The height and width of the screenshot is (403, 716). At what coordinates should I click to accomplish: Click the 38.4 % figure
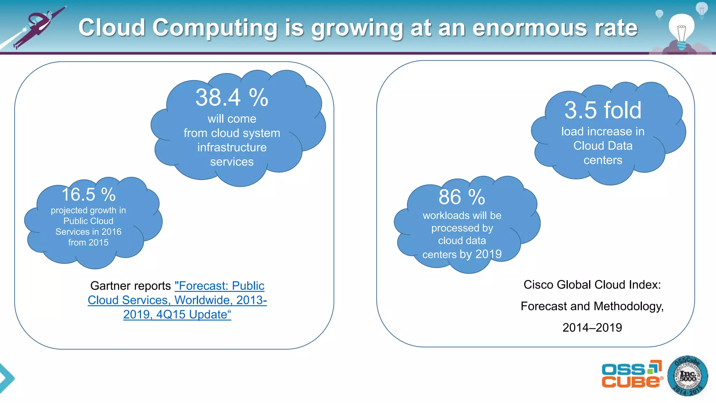(232, 98)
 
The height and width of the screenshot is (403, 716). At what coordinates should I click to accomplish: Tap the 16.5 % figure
(88, 195)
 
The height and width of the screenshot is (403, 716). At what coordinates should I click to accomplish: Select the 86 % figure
(462, 197)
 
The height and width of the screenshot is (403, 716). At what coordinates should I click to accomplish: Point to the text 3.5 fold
(603, 110)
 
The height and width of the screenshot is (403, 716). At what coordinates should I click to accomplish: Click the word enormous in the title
(530, 28)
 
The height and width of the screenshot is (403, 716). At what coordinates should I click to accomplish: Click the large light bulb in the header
(681, 30)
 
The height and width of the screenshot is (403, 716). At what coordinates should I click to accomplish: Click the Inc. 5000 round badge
(687, 376)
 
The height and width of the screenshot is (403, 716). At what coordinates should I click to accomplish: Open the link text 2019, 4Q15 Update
(177, 314)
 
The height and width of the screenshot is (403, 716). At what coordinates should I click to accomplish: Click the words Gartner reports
(130, 286)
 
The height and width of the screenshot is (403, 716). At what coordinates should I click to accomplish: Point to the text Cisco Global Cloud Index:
(592, 285)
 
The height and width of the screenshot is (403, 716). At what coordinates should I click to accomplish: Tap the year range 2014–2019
(592, 328)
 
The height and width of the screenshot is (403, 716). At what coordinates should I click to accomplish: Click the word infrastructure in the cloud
(232, 147)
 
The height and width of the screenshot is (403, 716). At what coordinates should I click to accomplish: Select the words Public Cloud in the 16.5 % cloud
(88, 221)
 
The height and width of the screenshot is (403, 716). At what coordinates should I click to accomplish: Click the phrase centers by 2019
(462, 254)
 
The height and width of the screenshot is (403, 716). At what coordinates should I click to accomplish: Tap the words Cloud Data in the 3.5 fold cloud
(603, 146)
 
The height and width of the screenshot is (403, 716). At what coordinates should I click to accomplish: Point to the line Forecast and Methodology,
(592, 306)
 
